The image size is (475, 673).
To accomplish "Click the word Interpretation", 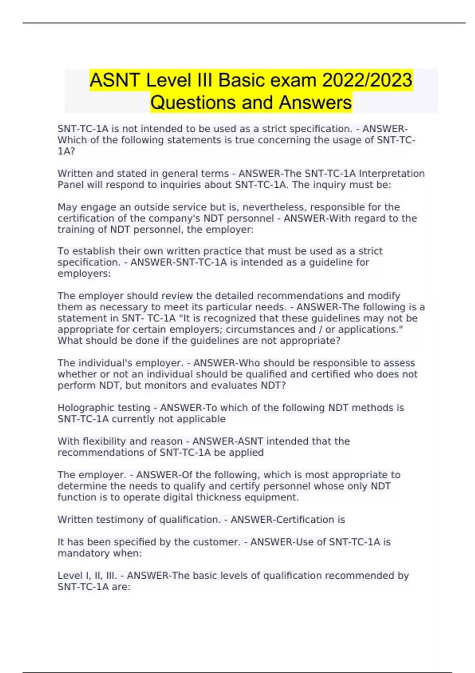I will coord(391,174).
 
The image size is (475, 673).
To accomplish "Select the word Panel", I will coord(70,185).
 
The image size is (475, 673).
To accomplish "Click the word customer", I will coord(216,542).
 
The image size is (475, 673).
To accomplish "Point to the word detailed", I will coord(236,296).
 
